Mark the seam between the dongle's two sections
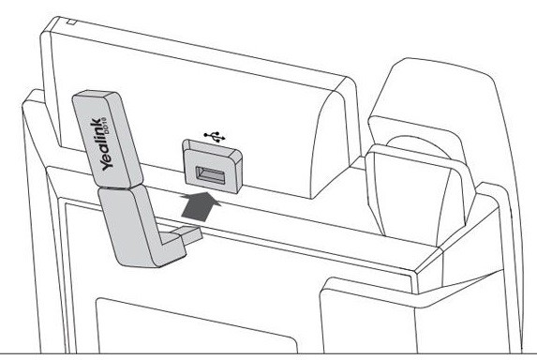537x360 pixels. [x=118, y=187]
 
